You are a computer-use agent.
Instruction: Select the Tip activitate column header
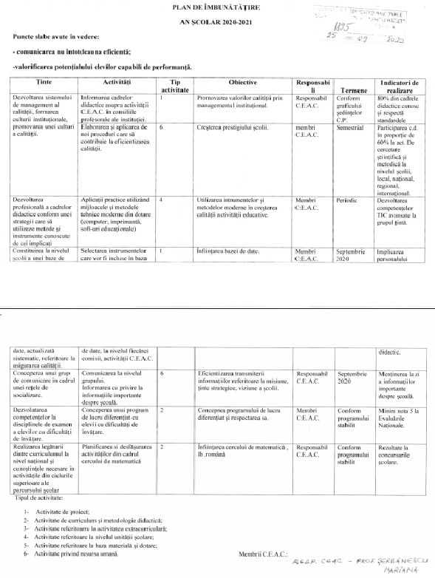pos(175,86)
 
